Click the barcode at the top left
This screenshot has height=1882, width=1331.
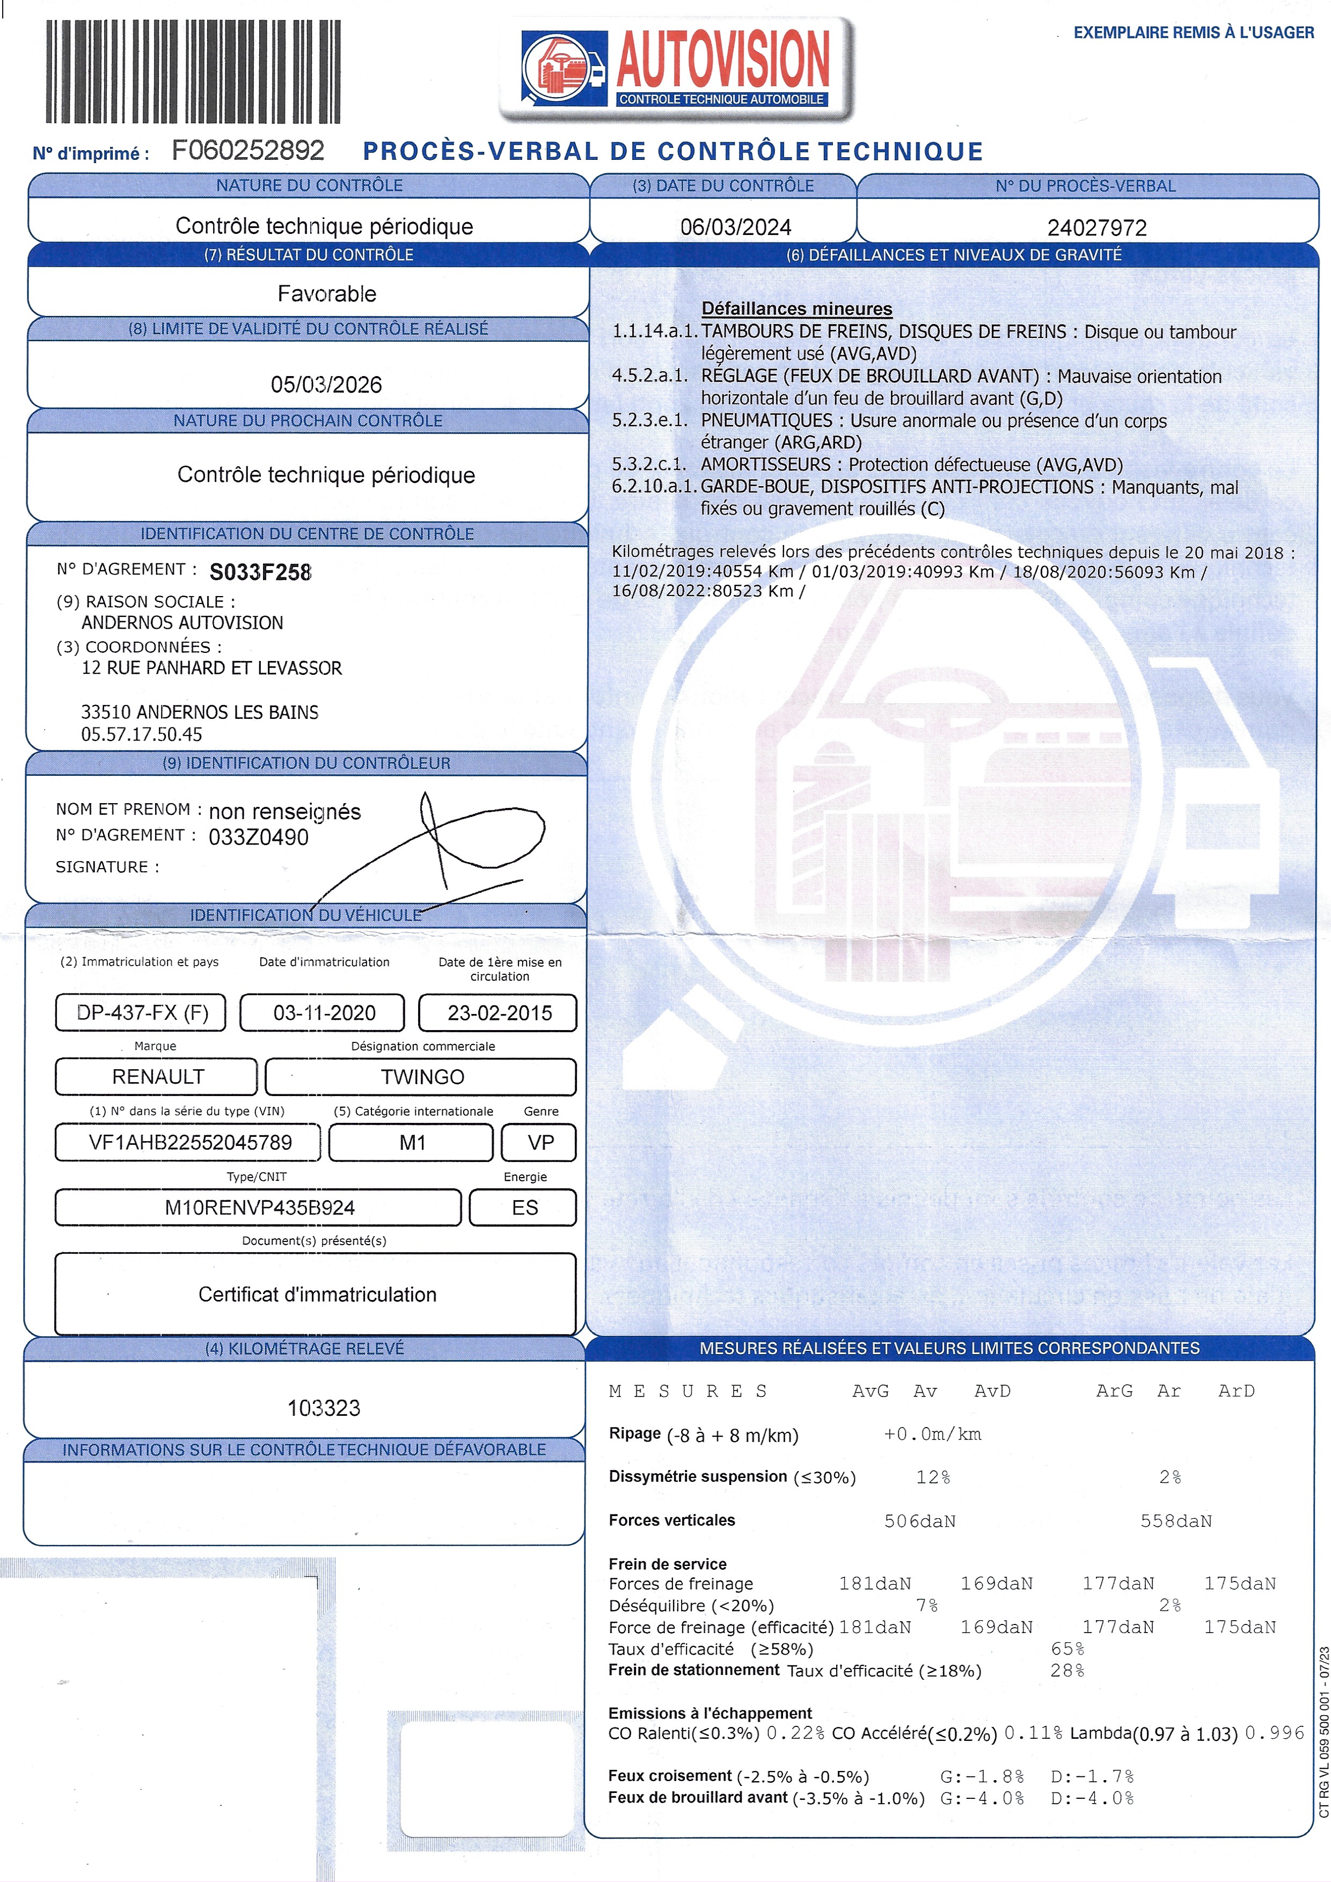[x=193, y=71]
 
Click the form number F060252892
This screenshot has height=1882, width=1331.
[x=247, y=151]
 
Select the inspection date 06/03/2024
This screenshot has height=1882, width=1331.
[x=736, y=227]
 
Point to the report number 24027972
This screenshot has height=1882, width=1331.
[x=1096, y=227]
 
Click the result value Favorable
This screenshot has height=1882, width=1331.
[x=326, y=293]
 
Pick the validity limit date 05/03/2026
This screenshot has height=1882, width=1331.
[x=326, y=385]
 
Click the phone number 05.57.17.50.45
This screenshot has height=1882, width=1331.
[x=141, y=734]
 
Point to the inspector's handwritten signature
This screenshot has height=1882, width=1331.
[x=459, y=844]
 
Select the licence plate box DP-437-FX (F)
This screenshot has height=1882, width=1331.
[x=141, y=1012]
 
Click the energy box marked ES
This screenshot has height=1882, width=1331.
[x=524, y=1208]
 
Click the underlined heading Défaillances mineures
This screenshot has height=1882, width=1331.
[x=796, y=309]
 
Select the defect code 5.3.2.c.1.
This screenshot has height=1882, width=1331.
[x=649, y=465]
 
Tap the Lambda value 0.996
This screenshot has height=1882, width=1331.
[x=1274, y=1733]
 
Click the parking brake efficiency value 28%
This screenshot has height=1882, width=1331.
[x=1067, y=1670]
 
